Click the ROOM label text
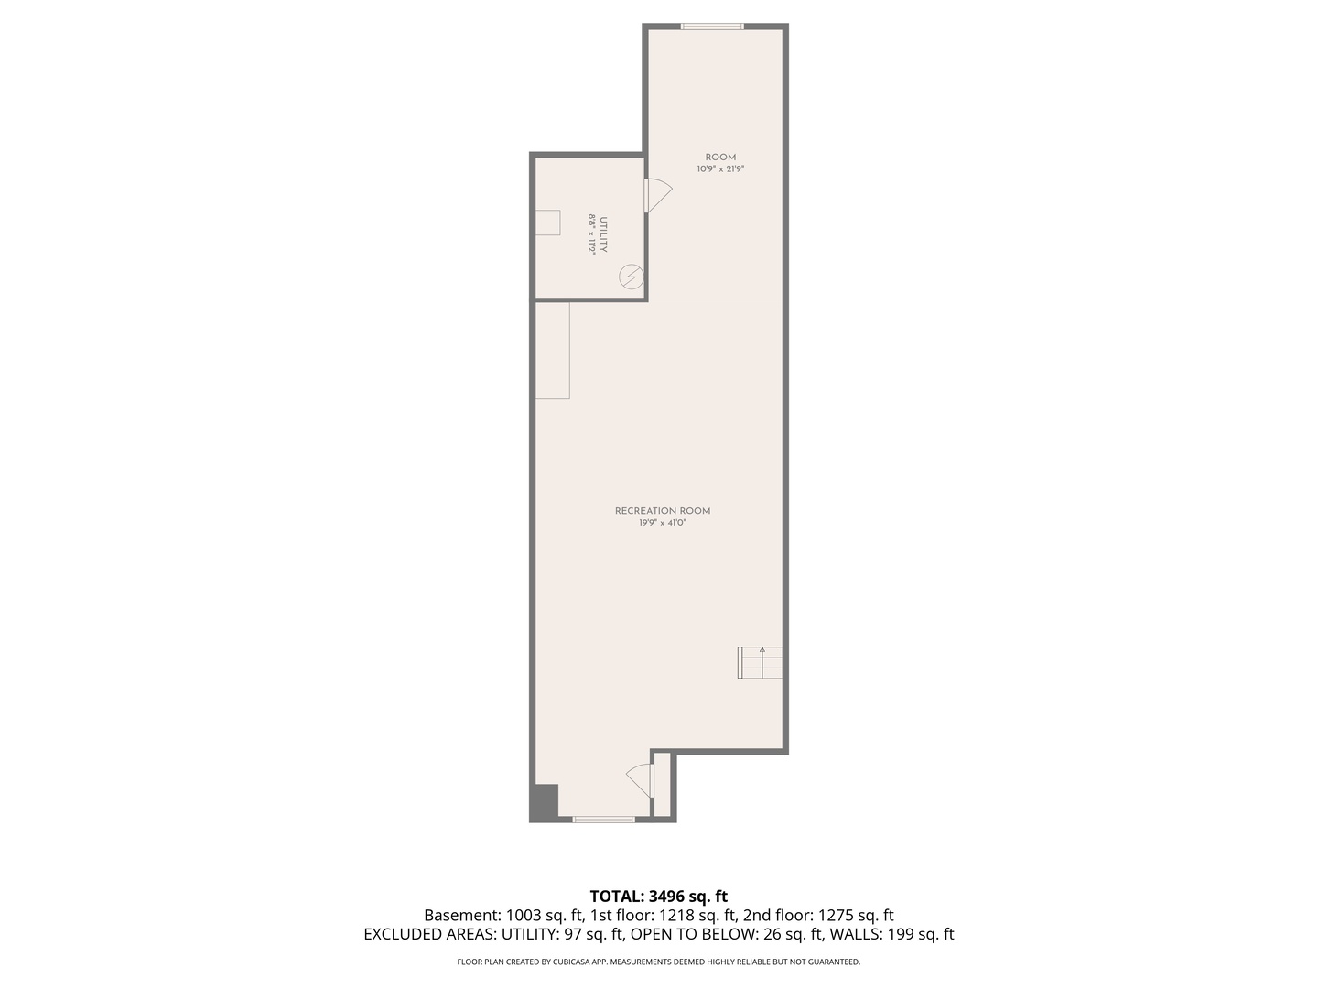coord(720,158)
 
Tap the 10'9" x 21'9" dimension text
coord(720,169)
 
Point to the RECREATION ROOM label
coord(663,511)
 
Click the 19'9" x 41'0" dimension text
coord(663,523)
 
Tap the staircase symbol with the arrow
coord(761,662)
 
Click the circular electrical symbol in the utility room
coord(631,276)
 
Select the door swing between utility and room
coord(657,195)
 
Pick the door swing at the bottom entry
coord(640,780)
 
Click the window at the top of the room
coord(712,27)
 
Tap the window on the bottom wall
coord(603,819)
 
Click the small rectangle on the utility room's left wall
coord(547,223)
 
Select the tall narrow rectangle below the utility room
coord(553,351)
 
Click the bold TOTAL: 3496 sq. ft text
coord(658,896)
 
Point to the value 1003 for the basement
coord(523,915)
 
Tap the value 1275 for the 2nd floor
coord(837,915)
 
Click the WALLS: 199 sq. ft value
coord(891,934)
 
